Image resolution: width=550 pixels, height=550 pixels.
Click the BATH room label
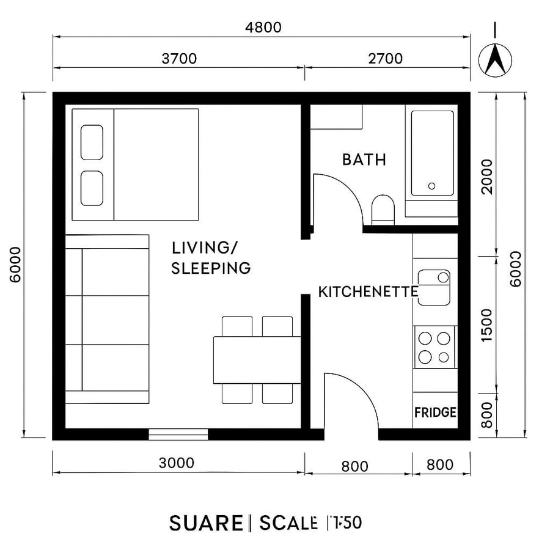(x=364, y=159)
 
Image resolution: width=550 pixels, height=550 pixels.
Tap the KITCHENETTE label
(x=368, y=292)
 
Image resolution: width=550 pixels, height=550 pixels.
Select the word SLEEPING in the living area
(x=211, y=268)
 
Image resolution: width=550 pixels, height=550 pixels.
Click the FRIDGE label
(x=435, y=412)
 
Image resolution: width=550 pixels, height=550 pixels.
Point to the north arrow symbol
(x=495, y=59)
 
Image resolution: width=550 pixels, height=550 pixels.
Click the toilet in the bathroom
(x=383, y=208)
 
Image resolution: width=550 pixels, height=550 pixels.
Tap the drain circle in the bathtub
(x=432, y=186)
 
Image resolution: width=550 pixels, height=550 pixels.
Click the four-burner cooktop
(x=435, y=347)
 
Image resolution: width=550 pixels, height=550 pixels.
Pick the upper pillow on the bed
(x=92, y=142)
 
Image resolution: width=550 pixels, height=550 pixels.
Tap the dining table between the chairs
(x=257, y=360)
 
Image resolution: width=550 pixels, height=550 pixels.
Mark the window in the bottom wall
(x=178, y=434)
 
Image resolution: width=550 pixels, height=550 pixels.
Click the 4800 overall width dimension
(x=264, y=28)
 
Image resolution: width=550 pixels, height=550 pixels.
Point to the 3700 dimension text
(x=179, y=59)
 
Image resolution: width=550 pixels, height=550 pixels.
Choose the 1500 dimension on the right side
(x=486, y=325)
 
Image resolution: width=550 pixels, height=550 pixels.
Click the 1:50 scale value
(x=345, y=523)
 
